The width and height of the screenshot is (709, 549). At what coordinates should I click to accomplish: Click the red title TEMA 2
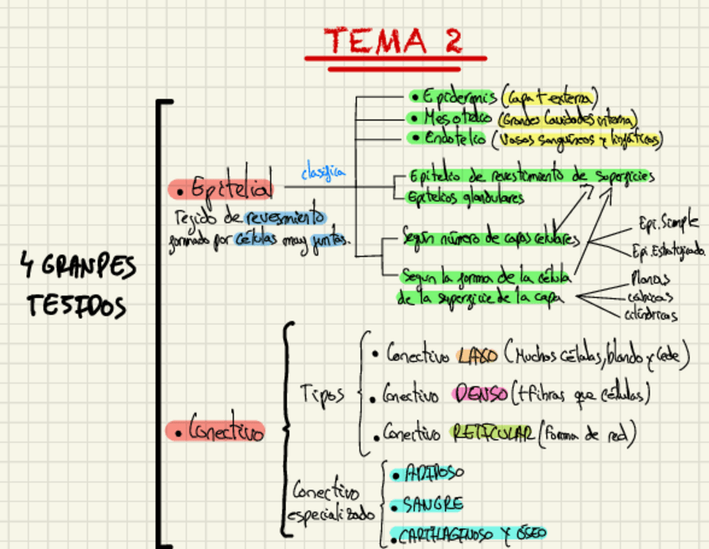[393, 40]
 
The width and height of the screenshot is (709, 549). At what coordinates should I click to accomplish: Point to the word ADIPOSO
[432, 474]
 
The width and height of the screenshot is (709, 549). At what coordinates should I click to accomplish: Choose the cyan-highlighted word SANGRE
[431, 505]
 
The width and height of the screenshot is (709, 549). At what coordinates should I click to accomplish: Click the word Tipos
[321, 393]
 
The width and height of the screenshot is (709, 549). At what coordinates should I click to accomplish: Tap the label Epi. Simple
[668, 223]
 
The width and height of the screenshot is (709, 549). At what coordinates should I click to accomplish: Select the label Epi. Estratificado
[669, 250]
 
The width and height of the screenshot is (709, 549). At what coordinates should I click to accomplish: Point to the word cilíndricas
[650, 315]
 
